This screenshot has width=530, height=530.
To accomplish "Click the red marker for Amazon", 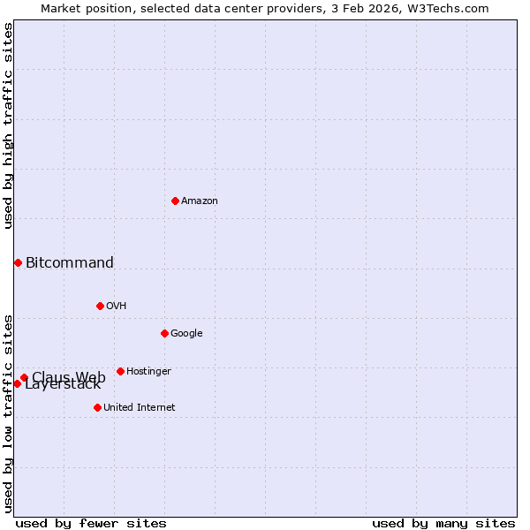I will (x=175, y=201).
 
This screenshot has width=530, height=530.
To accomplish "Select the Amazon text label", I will (x=200, y=201).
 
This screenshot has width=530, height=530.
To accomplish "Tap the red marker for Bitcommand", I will (x=18, y=262).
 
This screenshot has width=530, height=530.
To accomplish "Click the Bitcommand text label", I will (x=70, y=262).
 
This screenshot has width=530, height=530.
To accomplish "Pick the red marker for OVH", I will (x=100, y=306).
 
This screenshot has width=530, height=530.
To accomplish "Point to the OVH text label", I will (x=117, y=306).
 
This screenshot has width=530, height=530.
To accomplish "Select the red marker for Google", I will (x=164, y=333).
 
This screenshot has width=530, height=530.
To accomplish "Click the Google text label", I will (x=186, y=333).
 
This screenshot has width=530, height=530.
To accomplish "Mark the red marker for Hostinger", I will (x=120, y=371).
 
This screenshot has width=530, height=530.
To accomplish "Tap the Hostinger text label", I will (x=148, y=371).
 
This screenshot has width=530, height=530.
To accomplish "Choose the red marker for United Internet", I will (x=97, y=407).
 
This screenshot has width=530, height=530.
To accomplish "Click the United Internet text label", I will (x=140, y=407).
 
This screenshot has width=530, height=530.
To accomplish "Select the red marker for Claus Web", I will (x=24, y=377).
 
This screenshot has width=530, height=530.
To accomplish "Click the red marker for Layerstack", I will (x=17, y=383).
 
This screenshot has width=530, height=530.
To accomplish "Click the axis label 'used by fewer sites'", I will (x=91, y=523).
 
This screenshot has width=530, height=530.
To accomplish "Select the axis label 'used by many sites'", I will (x=443, y=523).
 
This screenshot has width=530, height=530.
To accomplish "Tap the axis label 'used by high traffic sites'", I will (x=8, y=125).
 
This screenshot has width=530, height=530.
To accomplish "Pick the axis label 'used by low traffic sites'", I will (x=8, y=413).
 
